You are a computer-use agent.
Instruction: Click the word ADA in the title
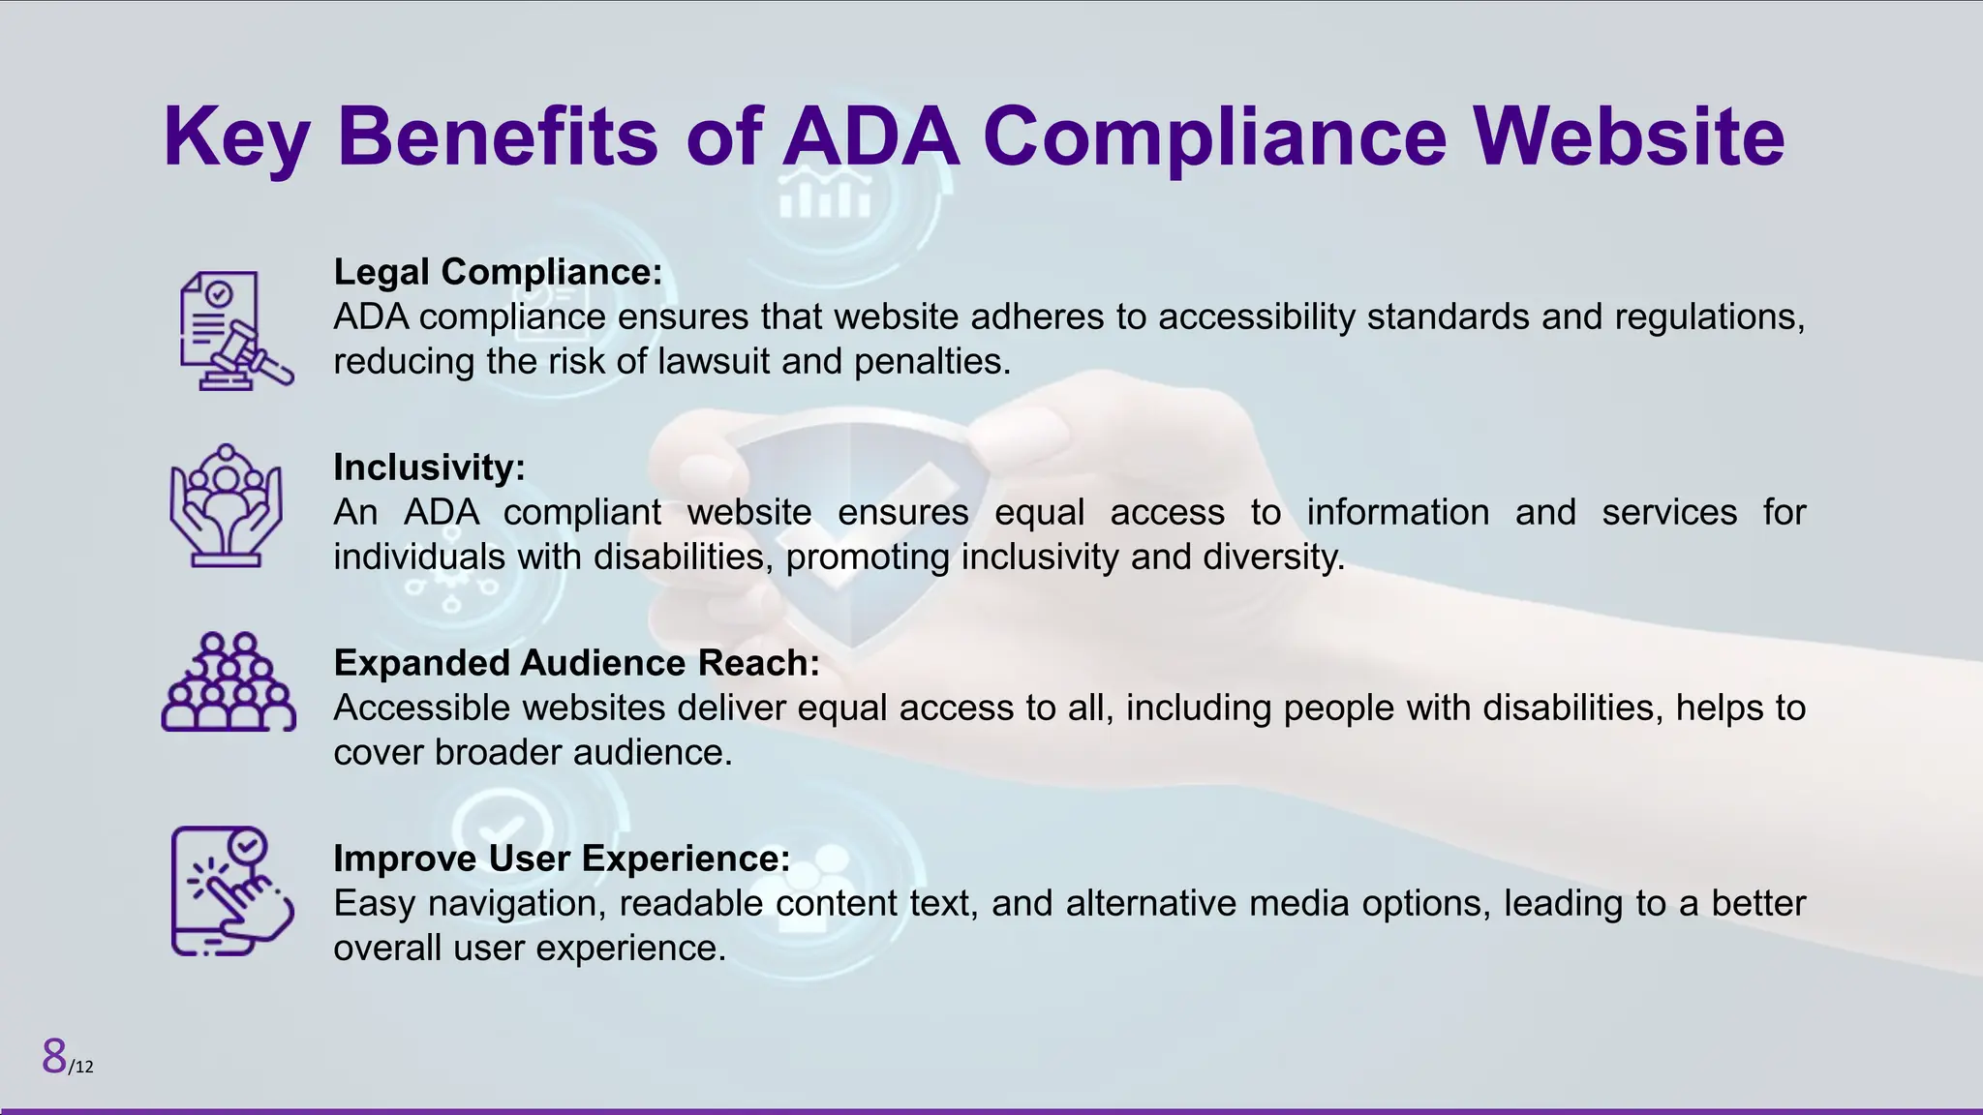[x=870, y=137]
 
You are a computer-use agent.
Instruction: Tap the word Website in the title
[x=1629, y=137]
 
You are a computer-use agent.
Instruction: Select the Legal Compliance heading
[x=498, y=272]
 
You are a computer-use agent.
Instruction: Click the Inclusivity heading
[x=429, y=467]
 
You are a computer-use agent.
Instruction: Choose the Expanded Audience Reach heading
[x=576, y=663]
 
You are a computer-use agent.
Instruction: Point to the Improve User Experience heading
[x=562, y=859]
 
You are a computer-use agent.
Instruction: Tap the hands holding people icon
[x=227, y=505]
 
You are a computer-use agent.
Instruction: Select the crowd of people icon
[x=229, y=682]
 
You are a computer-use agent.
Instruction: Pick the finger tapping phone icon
[x=231, y=891]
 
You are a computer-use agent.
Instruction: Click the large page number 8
[x=54, y=1056]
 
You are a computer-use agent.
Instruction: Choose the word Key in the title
[x=236, y=137]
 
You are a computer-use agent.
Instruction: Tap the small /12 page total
[x=81, y=1067]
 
